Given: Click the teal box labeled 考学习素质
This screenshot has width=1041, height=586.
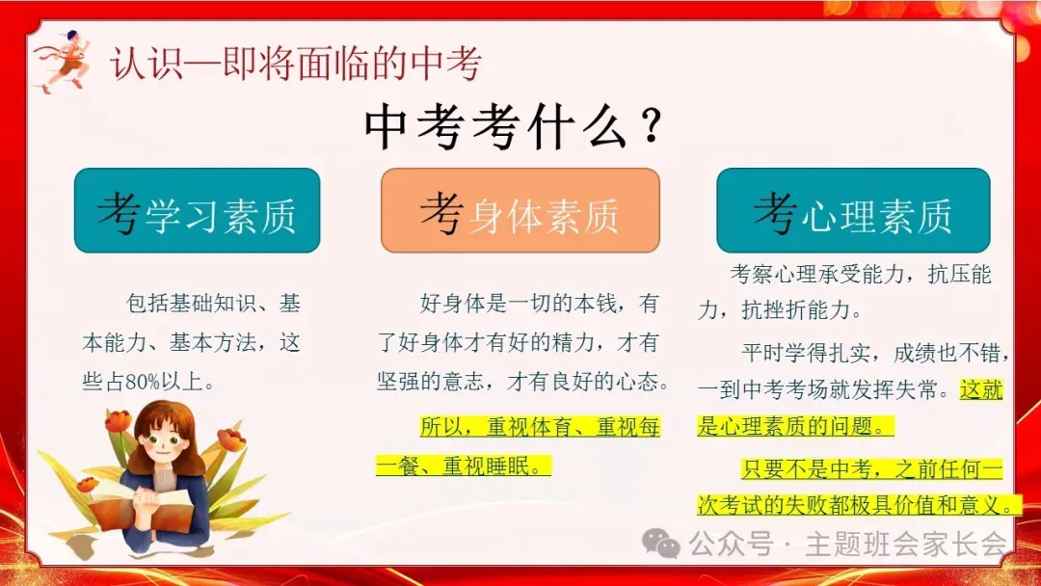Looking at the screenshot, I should coord(197,211).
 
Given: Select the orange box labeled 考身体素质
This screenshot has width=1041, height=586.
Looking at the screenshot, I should coord(520,211).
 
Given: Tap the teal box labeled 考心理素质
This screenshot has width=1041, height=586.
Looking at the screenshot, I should coord(852,211).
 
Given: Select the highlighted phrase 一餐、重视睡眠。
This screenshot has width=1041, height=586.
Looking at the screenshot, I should coord(464,466).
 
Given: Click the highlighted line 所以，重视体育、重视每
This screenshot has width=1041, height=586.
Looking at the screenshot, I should coord(539,426).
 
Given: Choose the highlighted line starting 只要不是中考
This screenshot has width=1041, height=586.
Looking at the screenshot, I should coord(871,469).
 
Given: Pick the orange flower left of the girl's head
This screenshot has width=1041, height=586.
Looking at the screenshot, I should coord(118,421).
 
